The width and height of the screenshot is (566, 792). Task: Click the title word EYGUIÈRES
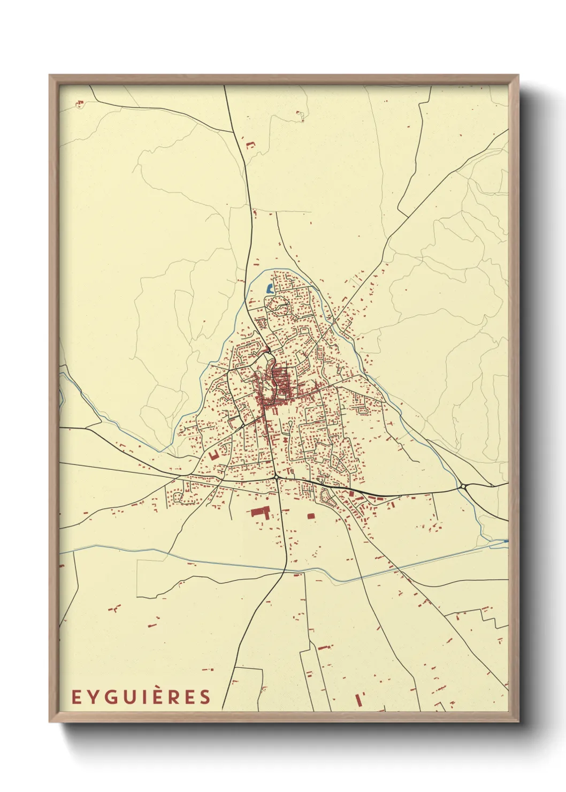tap(141, 697)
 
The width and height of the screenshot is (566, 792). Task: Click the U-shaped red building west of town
tap(214, 454)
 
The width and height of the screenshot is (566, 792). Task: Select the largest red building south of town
tap(260, 512)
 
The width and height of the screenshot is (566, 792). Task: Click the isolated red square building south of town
tap(311, 516)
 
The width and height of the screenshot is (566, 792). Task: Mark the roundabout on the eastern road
tap(462, 486)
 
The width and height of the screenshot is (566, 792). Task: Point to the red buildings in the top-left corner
tap(80, 103)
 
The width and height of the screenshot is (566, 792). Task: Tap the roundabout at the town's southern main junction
tap(276, 476)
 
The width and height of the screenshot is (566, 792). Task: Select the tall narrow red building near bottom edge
tap(358, 699)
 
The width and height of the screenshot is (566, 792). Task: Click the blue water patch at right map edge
tap(506, 541)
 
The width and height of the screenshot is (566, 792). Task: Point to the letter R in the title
tap(188, 697)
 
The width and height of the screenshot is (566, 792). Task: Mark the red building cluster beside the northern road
tap(250, 144)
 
